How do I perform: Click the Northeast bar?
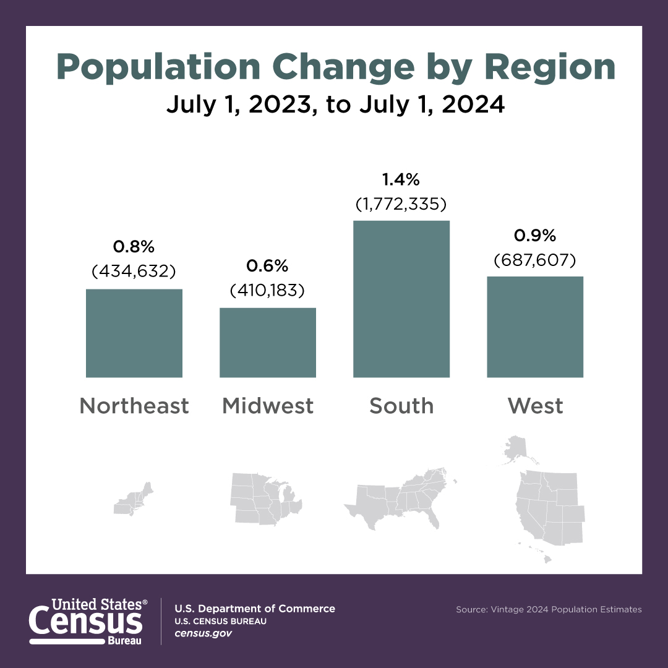(134, 333)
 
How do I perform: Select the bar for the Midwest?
(268, 342)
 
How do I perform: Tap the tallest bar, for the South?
(401, 299)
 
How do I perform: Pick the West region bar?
(535, 327)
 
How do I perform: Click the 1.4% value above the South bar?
(401, 180)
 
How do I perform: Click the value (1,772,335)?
(401, 204)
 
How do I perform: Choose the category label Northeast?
(134, 406)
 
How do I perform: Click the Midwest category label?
(268, 406)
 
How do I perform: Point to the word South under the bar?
(401, 406)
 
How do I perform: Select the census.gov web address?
(203, 634)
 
